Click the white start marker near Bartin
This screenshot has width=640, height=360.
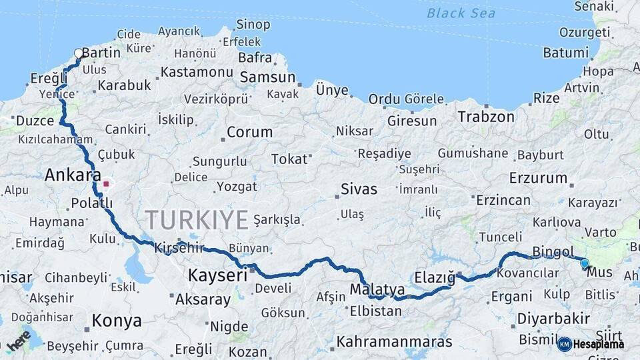point(79,53)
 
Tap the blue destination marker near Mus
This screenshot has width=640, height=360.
point(585,263)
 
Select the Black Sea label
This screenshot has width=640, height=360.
point(461,13)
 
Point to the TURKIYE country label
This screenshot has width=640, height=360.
point(197,219)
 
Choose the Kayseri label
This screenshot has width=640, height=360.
point(217,274)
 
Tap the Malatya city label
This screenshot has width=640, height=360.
point(377,290)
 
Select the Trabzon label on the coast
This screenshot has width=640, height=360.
point(486,117)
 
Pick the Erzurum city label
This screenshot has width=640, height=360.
point(538,178)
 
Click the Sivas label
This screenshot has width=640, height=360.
point(359,189)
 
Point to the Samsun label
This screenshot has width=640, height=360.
point(267,77)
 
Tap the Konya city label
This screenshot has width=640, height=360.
point(117,321)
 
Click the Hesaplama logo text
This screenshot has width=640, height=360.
point(598,344)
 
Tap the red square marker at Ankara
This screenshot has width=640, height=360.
point(106,182)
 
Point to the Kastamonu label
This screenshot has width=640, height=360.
point(197,71)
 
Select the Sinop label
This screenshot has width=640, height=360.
point(253,25)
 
